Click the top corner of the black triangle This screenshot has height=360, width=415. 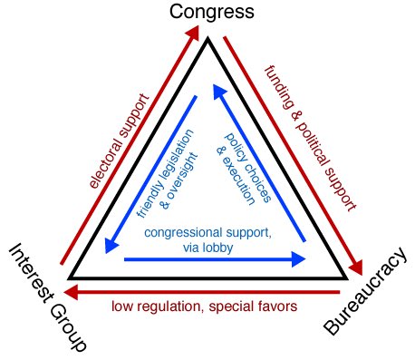[207, 39]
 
